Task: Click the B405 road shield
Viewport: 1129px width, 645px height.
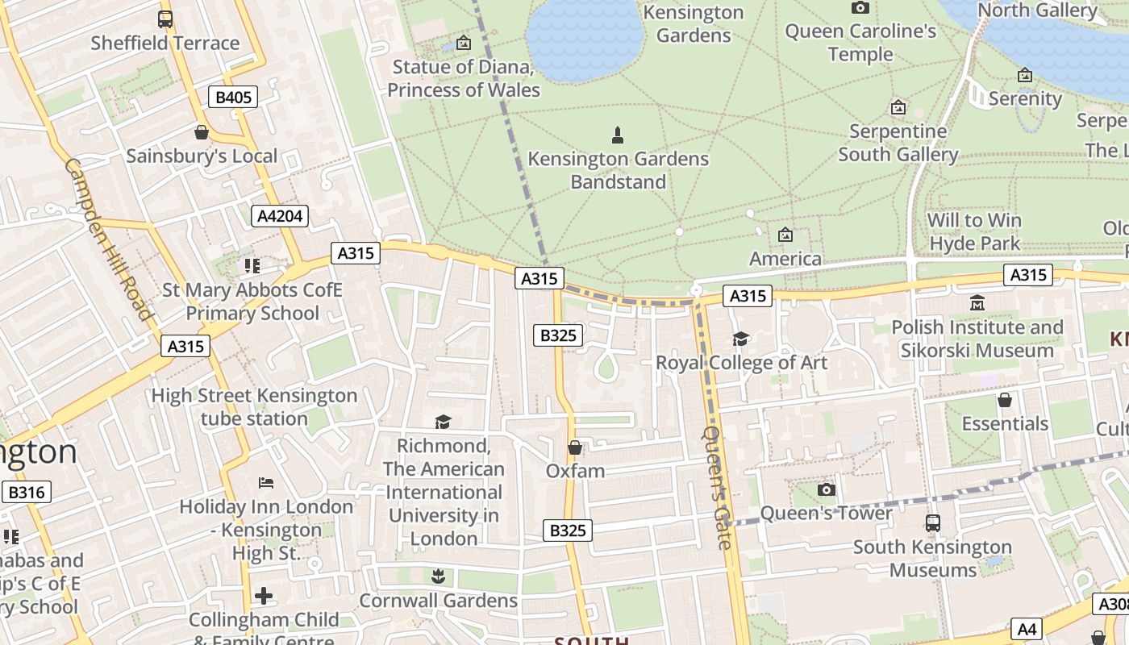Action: point(234,98)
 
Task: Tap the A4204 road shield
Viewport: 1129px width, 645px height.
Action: point(279,215)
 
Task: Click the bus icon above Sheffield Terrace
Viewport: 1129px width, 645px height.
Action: point(165,19)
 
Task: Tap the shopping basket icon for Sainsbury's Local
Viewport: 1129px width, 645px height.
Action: point(201,132)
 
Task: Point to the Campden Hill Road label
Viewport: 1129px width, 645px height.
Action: point(108,239)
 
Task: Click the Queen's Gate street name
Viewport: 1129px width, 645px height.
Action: point(717,487)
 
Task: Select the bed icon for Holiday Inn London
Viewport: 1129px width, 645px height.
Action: point(266,483)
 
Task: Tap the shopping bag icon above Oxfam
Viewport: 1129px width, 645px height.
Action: point(575,447)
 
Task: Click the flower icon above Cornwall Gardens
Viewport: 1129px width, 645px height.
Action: point(438,576)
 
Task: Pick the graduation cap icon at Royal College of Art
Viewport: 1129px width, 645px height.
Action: point(740,339)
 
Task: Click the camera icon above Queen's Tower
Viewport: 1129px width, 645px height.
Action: point(826,489)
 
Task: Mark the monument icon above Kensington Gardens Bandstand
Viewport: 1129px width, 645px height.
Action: point(618,135)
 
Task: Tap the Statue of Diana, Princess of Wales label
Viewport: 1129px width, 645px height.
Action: point(464,78)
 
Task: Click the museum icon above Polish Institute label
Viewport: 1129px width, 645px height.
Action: point(977,303)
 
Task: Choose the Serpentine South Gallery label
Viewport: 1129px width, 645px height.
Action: point(898,143)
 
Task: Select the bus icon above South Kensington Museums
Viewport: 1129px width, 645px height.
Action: point(932,523)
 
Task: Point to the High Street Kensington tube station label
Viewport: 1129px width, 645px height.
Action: point(254,406)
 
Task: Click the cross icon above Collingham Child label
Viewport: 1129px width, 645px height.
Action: point(264,597)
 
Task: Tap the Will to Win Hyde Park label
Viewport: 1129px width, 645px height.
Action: point(974,231)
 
